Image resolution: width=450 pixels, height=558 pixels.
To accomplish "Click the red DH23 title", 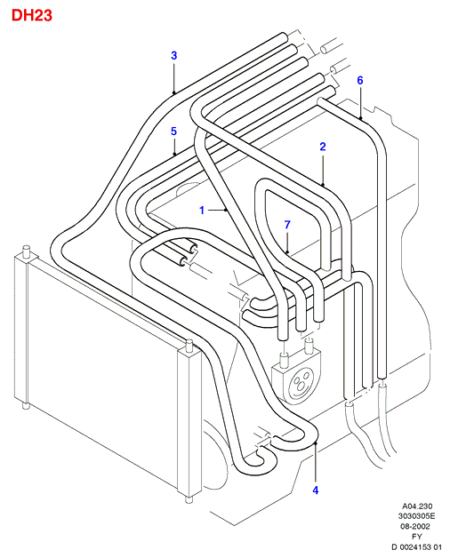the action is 32,15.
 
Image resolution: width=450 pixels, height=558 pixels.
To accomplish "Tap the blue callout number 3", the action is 174,55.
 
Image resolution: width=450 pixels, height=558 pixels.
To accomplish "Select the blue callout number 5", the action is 173,132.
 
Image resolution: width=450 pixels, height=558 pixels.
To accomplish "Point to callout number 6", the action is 360,81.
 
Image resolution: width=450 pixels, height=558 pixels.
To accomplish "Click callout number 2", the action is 323,147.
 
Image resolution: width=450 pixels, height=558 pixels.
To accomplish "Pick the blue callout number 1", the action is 202,211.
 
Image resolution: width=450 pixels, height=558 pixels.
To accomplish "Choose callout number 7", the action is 287,225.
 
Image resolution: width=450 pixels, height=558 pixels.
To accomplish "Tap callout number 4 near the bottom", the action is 316,490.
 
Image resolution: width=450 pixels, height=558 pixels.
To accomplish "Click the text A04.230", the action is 417,506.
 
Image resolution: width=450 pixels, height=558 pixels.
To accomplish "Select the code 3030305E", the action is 416,516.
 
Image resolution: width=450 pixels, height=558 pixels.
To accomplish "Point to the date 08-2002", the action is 415,526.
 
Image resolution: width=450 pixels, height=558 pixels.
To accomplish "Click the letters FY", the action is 416,537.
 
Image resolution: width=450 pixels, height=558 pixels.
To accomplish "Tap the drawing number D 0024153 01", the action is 416,547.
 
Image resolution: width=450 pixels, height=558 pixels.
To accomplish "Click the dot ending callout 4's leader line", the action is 316,442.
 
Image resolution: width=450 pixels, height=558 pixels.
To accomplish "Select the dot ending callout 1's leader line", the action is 227,211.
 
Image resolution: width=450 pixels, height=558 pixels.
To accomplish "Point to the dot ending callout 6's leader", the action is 360,118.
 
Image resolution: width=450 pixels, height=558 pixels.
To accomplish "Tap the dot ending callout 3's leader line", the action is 174,93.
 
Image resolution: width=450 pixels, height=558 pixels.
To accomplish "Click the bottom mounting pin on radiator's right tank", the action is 189,499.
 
